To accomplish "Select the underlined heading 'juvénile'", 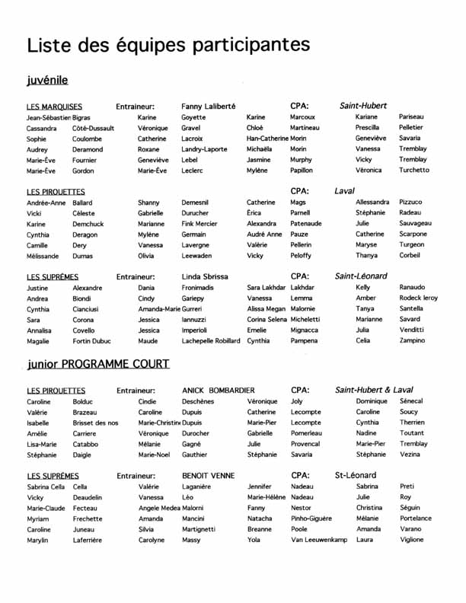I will (x=47, y=79).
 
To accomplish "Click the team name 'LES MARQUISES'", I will (x=54, y=107).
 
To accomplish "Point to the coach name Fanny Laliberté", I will (x=209, y=107).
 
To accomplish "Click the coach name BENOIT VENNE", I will (x=208, y=475).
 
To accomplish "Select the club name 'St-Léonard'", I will (x=356, y=475).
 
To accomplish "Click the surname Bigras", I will (x=81, y=118).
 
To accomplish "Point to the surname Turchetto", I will (x=414, y=171).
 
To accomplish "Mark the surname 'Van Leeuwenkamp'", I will (x=318, y=540).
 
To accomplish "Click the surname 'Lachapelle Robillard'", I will (x=210, y=341).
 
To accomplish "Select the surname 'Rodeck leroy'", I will (x=419, y=298).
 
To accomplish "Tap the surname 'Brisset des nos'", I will (x=95, y=423).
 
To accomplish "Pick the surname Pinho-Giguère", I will (x=311, y=518).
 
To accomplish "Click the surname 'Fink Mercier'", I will (x=199, y=224).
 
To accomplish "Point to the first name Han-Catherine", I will (x=267, y=139).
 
